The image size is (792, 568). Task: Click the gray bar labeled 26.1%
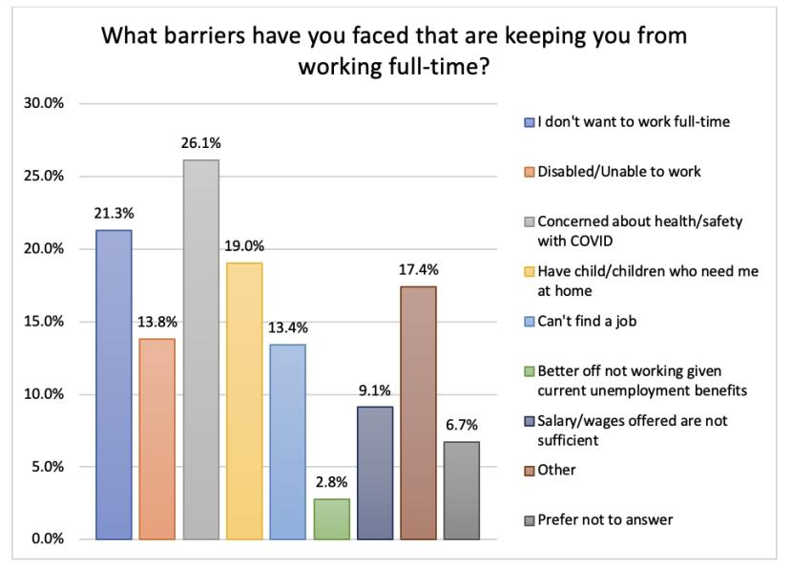(200, 349)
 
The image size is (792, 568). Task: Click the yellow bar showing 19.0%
(244, 401)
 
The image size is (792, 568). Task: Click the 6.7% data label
(462, 425)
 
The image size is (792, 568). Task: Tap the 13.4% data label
(287, 327)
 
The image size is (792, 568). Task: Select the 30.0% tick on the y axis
(45, 103)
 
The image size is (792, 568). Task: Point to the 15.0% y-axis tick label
(45, 322)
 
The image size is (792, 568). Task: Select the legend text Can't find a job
(586, 321)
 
